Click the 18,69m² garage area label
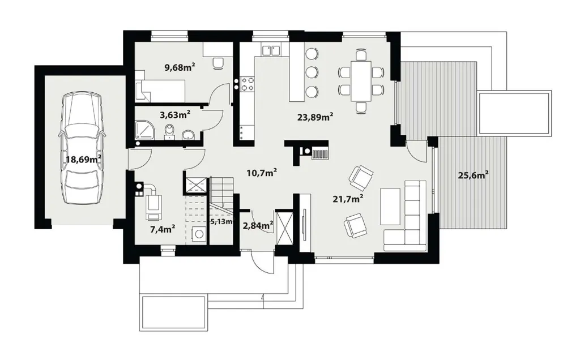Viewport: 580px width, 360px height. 84,160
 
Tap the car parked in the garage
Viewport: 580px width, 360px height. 82,148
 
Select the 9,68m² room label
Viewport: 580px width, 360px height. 180,67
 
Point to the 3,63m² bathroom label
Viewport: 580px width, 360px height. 175,115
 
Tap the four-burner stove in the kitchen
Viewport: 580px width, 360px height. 248,84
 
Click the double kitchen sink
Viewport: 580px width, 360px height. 271,50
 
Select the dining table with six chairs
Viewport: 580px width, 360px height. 361,80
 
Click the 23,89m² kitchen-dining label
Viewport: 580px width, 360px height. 315,118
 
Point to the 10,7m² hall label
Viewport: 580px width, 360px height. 262,173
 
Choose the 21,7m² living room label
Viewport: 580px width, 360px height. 348,199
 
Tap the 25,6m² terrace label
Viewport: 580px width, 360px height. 474,175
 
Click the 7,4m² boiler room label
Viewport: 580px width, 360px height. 163,229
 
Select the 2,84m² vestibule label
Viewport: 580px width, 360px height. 258,225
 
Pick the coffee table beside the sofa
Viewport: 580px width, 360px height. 390,206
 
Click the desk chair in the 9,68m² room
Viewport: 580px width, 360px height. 218,63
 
